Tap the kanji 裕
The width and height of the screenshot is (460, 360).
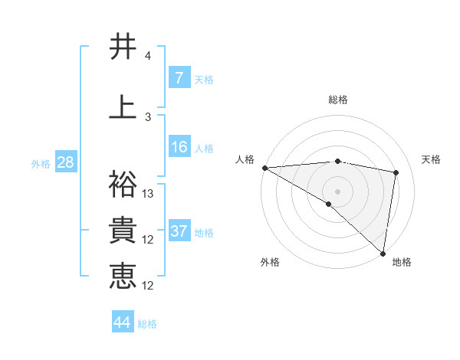(123, 185)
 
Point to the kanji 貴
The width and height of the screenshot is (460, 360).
(123, 231)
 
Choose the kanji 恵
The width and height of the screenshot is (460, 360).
(123, 276)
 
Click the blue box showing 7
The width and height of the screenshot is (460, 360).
(179, 77)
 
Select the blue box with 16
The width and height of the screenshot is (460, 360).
(179, 147)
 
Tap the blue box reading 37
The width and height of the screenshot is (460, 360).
(179, 231)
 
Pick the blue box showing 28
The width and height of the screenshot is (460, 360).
(65, 162)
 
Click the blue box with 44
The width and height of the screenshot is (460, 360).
(123, 322)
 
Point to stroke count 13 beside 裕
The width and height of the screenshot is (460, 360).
(149, 194)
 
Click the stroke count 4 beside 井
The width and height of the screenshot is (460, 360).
(148, 56)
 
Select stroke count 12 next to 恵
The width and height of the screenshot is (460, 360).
(149, 286)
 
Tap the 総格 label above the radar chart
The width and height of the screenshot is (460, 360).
(338, 100)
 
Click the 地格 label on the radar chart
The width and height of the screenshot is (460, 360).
(402, 262)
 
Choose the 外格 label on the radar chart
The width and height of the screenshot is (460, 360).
(270, 262)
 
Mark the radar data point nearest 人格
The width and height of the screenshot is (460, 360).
(264, 168)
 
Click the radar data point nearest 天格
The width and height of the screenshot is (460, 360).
(396, 172)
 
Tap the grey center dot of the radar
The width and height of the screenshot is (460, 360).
(337, 191)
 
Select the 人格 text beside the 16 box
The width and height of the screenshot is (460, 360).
(204, 149)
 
